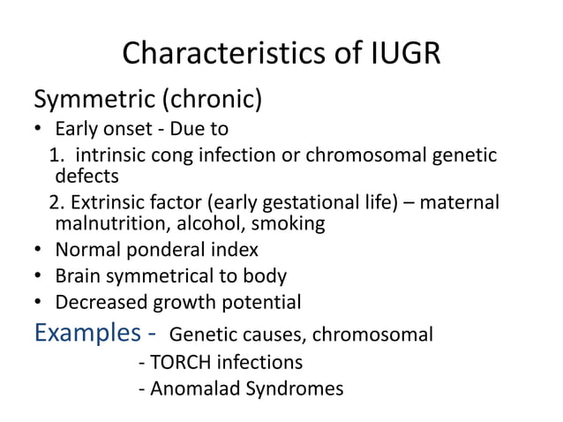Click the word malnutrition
pyautogui.click(x=113, y=223)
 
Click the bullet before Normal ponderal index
pyautogui.click(x=38, y=251)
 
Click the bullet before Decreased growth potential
pyautogui.click(x=38, y=303)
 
